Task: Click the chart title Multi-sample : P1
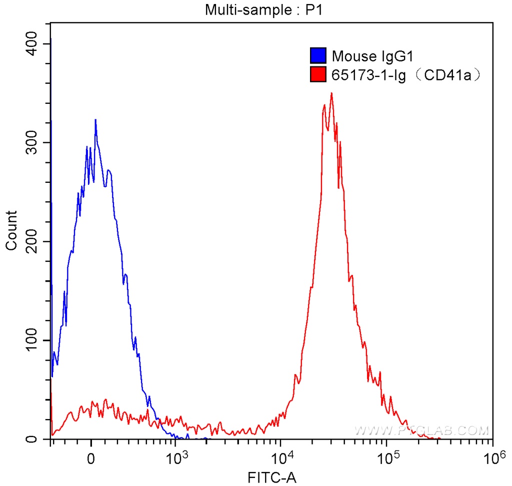[256, 9]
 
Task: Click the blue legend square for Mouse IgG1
[318, 56]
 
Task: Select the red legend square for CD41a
[318, 75]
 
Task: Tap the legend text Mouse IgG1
[367, 56]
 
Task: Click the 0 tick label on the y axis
[33, 440]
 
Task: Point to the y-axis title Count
[11, 231]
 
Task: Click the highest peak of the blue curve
[95, 120]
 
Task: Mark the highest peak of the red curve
[331, 93]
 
